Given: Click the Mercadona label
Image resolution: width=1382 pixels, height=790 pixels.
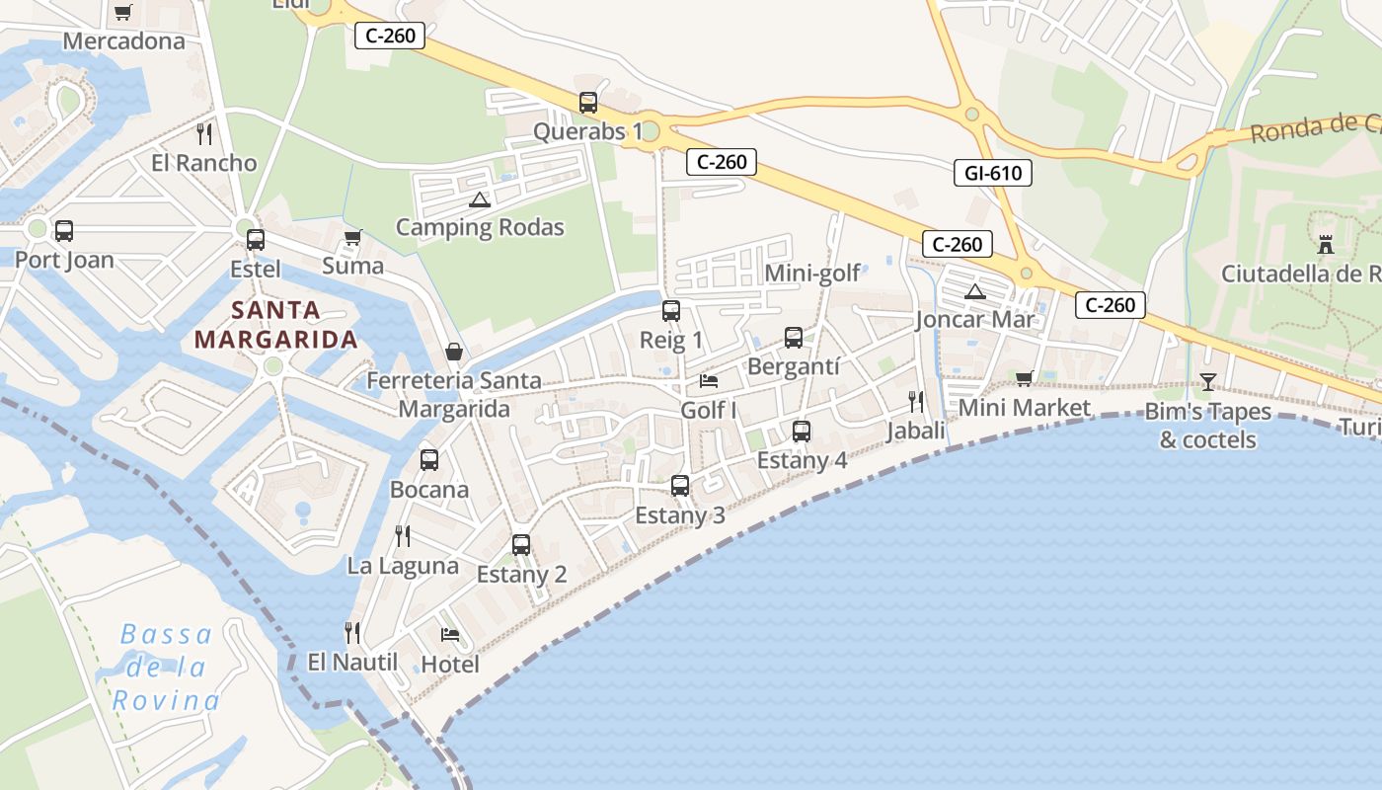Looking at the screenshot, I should [123, 40].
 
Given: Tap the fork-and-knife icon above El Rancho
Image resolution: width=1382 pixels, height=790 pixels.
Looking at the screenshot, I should [204, 134].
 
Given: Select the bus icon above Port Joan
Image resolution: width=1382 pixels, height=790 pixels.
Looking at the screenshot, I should [64, 231].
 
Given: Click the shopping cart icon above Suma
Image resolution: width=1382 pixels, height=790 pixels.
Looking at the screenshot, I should [352, 237].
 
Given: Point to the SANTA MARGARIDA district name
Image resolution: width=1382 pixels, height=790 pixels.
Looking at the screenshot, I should [275, 325].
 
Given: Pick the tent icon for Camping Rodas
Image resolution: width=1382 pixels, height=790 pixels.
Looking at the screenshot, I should [480, 199].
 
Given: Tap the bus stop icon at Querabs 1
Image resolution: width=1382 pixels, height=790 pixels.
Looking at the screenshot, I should [588, 102].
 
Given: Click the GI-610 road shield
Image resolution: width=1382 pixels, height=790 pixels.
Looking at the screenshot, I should [993, 174].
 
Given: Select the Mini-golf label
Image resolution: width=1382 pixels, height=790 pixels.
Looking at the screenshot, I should [812, 273].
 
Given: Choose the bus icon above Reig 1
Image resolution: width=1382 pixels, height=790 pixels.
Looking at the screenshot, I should [671, 311].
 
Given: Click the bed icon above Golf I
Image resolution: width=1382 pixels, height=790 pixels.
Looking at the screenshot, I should [709, 380].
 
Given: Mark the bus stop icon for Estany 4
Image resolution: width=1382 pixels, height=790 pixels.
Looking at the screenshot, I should [802, 432].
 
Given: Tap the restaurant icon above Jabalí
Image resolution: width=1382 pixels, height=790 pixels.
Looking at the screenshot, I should [916, 401].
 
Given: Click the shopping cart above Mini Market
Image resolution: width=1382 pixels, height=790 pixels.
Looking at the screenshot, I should [1025, 378].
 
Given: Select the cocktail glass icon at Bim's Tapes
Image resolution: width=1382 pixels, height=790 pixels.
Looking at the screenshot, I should [1207, 381].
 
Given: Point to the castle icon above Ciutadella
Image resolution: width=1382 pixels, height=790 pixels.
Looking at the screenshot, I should [1326, 244].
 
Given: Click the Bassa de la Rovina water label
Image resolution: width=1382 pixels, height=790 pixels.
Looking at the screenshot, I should [166, 668].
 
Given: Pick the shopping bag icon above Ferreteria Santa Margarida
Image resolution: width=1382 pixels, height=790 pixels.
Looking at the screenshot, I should [454, 352].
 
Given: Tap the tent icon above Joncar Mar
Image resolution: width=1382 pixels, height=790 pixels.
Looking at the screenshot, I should [975, 291].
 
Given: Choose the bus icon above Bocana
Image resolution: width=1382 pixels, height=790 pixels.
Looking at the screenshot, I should [429, 459].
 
